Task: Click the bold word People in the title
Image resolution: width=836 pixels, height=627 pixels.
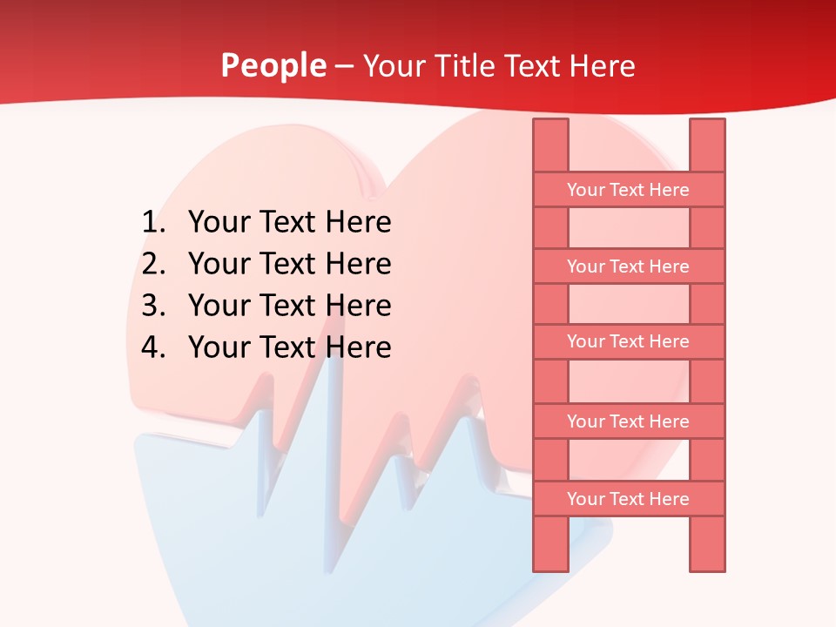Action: click(273, 65)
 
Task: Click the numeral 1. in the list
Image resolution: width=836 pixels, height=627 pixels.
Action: click(153, 223)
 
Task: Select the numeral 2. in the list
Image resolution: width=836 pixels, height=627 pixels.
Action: click(153, 264)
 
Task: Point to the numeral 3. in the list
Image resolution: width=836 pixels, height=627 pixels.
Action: click(153, 306)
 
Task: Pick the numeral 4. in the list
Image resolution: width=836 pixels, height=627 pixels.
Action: click(153, 347)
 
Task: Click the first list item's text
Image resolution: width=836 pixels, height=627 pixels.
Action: click(289, 223)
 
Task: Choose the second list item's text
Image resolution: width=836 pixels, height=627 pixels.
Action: click(289, 264)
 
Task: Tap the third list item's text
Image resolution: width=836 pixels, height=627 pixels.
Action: click(289, 306)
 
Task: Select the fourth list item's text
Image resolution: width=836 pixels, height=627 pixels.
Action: click(289, 347)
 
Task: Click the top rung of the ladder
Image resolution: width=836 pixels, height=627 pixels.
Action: click(628, 190)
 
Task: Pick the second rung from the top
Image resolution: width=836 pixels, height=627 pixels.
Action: click(628, 266)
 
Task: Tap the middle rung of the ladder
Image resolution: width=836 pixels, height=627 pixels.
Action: click(628, 341)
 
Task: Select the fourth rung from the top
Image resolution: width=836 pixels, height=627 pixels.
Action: click(628, 421)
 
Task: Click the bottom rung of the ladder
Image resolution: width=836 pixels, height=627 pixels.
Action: click(628, 499)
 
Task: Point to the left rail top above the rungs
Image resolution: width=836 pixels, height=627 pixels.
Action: click(550, 145)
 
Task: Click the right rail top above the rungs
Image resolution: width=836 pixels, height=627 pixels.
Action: click(707, 145)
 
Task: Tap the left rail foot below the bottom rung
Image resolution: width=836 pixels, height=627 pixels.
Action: click(550, 543)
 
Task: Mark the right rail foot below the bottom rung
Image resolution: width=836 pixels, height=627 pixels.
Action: click(707, 543)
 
